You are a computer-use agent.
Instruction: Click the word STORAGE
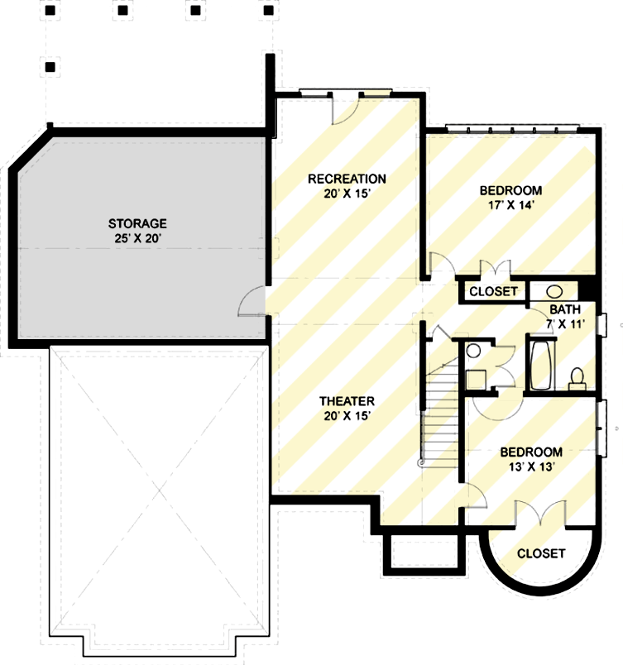pos(137,223)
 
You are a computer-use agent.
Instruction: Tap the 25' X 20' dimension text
pos(137,238)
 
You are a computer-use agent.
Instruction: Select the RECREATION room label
pos(347,179)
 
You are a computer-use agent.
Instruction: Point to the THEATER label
pos(347,402)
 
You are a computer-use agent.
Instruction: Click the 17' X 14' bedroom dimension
pos(510,205)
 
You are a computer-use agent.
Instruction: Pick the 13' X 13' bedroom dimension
pos(530,466)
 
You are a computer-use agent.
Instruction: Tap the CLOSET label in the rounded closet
pos(541,553)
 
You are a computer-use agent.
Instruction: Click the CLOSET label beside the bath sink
pos(494,291)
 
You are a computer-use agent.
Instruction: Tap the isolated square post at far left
pos(50,66)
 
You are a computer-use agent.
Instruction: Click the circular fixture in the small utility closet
pos(472,352)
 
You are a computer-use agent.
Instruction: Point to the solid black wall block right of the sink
pos(588,289)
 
